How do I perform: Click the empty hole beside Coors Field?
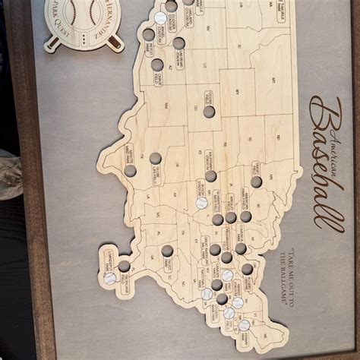point(208,112)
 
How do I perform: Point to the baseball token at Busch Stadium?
point(202,203)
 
